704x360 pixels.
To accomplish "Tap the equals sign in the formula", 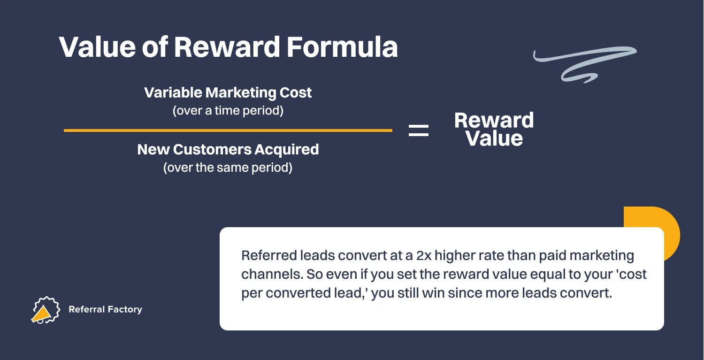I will coord(419,130).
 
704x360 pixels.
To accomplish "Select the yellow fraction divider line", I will coord(228,130).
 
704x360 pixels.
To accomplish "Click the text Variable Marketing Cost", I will coord(228,92).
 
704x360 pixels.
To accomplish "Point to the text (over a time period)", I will coord(228,111).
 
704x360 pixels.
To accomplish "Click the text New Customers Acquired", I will coord(228,149).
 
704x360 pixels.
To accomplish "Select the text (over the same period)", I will coord(228,168).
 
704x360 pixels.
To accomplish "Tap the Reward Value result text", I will coord(494,130).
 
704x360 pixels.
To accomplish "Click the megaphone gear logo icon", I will coord(45,310).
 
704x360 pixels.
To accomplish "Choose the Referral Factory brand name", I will coord(105,309).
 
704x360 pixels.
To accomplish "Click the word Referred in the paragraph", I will coord(268,256).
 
